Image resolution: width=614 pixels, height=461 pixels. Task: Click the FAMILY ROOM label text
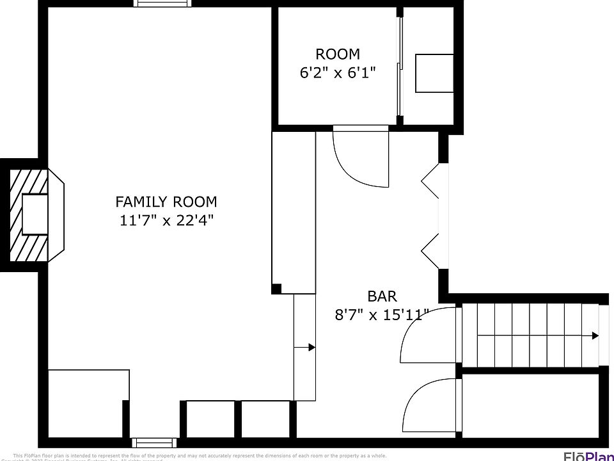point(166,202)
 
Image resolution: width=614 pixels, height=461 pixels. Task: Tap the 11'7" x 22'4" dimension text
point(166,220)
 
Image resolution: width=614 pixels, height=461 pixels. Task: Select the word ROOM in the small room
point(337,54)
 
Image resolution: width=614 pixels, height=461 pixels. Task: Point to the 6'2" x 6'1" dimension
point(337,73)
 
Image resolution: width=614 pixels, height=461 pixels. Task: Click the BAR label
point(382,296)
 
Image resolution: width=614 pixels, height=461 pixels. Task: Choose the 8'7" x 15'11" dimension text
point(382,314)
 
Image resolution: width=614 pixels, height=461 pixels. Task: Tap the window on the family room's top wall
point(162,3)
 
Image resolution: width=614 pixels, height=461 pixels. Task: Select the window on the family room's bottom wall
point(153,442)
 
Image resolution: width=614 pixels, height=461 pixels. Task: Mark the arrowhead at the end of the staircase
point(595,336)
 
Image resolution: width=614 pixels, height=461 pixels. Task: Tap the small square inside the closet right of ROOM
point(434,73)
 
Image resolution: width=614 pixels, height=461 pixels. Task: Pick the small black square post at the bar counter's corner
point(276,289)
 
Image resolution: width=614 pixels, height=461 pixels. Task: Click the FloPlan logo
point(588,455)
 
